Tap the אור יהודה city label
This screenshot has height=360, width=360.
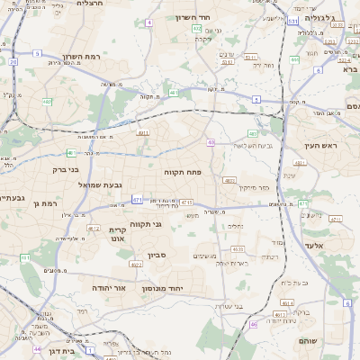[x=108, y=288]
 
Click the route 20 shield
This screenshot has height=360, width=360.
[x=13, y=61]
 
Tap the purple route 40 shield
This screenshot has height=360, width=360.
[x=210, y=142]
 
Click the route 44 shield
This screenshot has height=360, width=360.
[x=37, y=348]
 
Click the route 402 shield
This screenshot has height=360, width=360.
[x=196, y=29]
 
